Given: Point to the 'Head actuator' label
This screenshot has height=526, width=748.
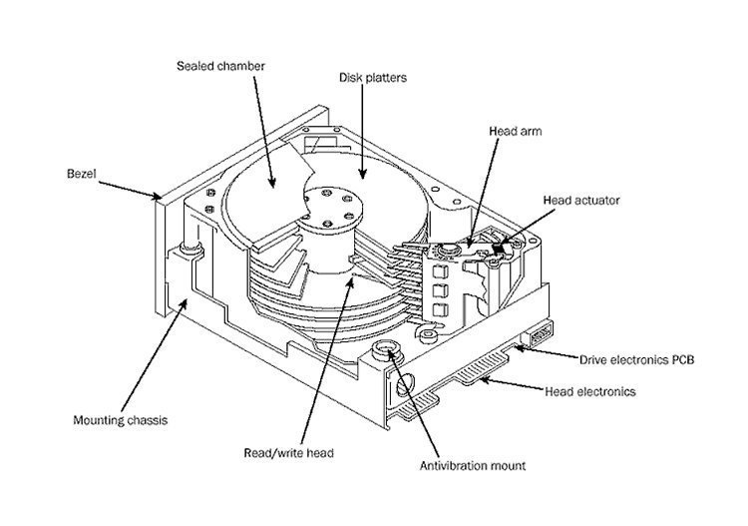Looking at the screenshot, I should pyautogui.click(x=581, y=200).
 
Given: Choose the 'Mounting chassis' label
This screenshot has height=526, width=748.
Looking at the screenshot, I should pyautogui.click(x=120, y=419).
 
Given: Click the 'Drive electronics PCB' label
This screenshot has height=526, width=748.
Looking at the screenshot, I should pyautogui.click(x=638, y=357).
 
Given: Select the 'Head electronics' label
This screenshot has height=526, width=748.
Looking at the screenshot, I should pyautogui.click(x=591, y=391).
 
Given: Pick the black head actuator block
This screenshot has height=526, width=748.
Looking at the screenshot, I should pyautogui.click(x=500, y=243).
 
